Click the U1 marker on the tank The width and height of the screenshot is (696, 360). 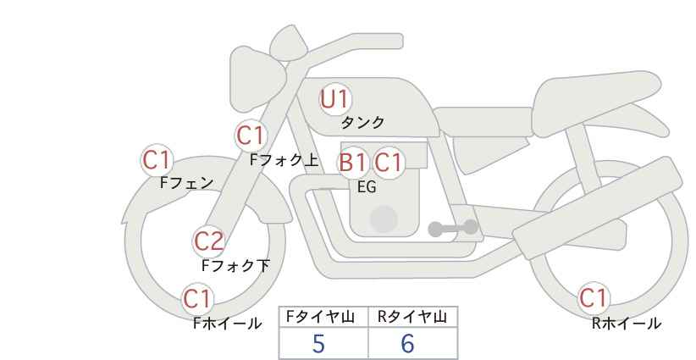(x=335, y=99)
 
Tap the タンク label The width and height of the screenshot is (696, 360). (x=362, y=123)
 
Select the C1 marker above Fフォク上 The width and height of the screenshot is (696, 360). (x=251, y=136)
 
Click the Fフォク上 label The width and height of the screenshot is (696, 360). (x=284, y=160)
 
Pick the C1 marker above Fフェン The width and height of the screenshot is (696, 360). (x=157, y=160)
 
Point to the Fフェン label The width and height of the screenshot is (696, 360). (x=186, y=183)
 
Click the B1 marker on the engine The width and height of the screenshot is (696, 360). (x=354, y=163)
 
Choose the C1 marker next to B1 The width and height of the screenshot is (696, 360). (x=388, y=163)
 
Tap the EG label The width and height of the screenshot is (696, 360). (x=367, y=187)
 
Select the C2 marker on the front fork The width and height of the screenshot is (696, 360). (x=208, y=242)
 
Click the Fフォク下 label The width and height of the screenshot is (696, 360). (x=235, y=265)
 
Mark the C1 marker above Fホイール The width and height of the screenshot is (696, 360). (x=197, y=299)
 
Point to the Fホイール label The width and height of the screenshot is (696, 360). (x=227, y=324)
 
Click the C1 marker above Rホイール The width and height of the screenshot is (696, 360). (x=594, y=298)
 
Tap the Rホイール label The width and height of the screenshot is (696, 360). (x=627, y=324)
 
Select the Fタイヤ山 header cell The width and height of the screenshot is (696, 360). (x=323, y=317)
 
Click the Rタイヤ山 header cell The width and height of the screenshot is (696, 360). (x=413, y=317)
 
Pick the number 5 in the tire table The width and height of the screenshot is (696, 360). (x=318, y=343)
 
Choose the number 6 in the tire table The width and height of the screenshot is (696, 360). (x=407, y=343)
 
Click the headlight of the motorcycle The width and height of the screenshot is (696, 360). (x=257, y=79)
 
